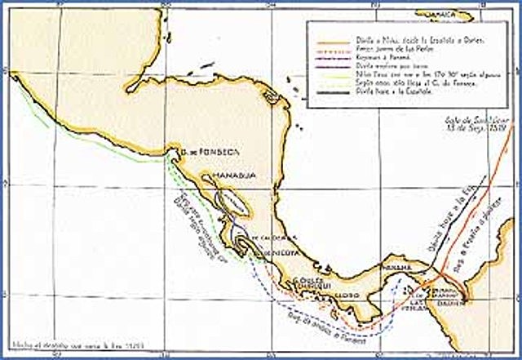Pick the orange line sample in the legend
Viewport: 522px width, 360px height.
pos(336,38)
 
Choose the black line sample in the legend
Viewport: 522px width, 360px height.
pos(336,98)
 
